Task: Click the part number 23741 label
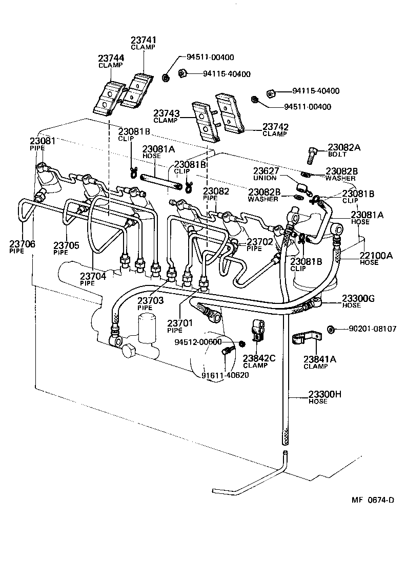click(144, 40)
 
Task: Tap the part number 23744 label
click(111, 59)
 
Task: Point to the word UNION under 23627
click(265, 178)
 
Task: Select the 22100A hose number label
click(376, 255)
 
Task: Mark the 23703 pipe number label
click(150, 300)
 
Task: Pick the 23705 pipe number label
click(66, 245)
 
